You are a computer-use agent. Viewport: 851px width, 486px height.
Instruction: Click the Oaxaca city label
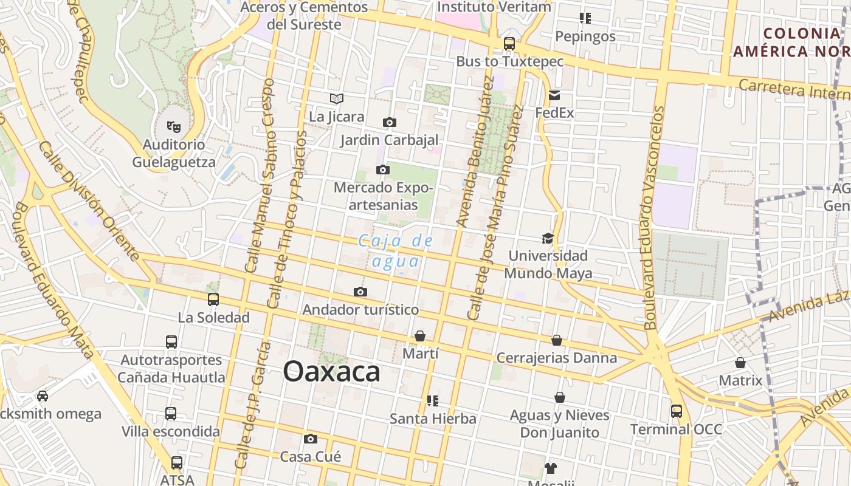click(331, 372)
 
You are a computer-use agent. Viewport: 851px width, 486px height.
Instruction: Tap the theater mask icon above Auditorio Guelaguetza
click(174, 127)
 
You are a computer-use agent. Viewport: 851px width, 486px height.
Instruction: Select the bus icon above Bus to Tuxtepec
click(509, 44)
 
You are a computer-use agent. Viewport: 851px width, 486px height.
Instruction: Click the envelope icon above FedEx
click(554, 95)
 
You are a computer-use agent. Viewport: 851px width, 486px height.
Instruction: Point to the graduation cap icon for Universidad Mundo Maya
click(548, 238)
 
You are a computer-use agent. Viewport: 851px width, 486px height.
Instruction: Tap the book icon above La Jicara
click(336, 98)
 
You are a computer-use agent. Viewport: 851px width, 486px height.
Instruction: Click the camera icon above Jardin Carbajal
click(389, 122)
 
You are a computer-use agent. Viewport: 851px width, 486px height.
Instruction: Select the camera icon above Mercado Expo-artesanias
click(383, 169)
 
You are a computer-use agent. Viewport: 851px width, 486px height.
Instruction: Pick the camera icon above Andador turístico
click(360, 292)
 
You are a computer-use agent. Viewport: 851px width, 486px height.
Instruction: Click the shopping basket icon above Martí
click(419, 336)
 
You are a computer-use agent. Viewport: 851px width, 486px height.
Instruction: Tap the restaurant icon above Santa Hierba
click(433, 401)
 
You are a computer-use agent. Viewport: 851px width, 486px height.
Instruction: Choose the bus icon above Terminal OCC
click(676, 411)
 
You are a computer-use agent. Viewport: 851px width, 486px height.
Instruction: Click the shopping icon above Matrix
click(740, 363)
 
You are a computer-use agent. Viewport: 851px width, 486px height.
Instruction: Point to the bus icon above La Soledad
click(213, 299)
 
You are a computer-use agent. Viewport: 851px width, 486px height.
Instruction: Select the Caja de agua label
click(396, 251)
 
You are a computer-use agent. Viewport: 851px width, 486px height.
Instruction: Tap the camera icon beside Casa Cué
click(311, 439)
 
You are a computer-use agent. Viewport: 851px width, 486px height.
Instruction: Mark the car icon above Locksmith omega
click(43, 396)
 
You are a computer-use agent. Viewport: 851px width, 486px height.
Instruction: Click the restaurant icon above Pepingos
click(585, 18)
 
